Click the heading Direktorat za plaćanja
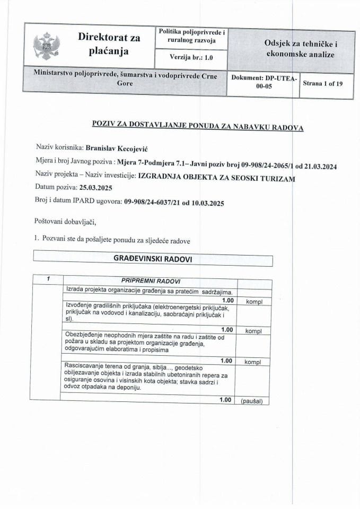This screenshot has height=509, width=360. (109, 44)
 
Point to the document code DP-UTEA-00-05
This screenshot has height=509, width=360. (264, 83)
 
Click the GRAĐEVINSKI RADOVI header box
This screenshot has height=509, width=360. (153, 259)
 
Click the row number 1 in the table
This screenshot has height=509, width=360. (47, 279)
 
